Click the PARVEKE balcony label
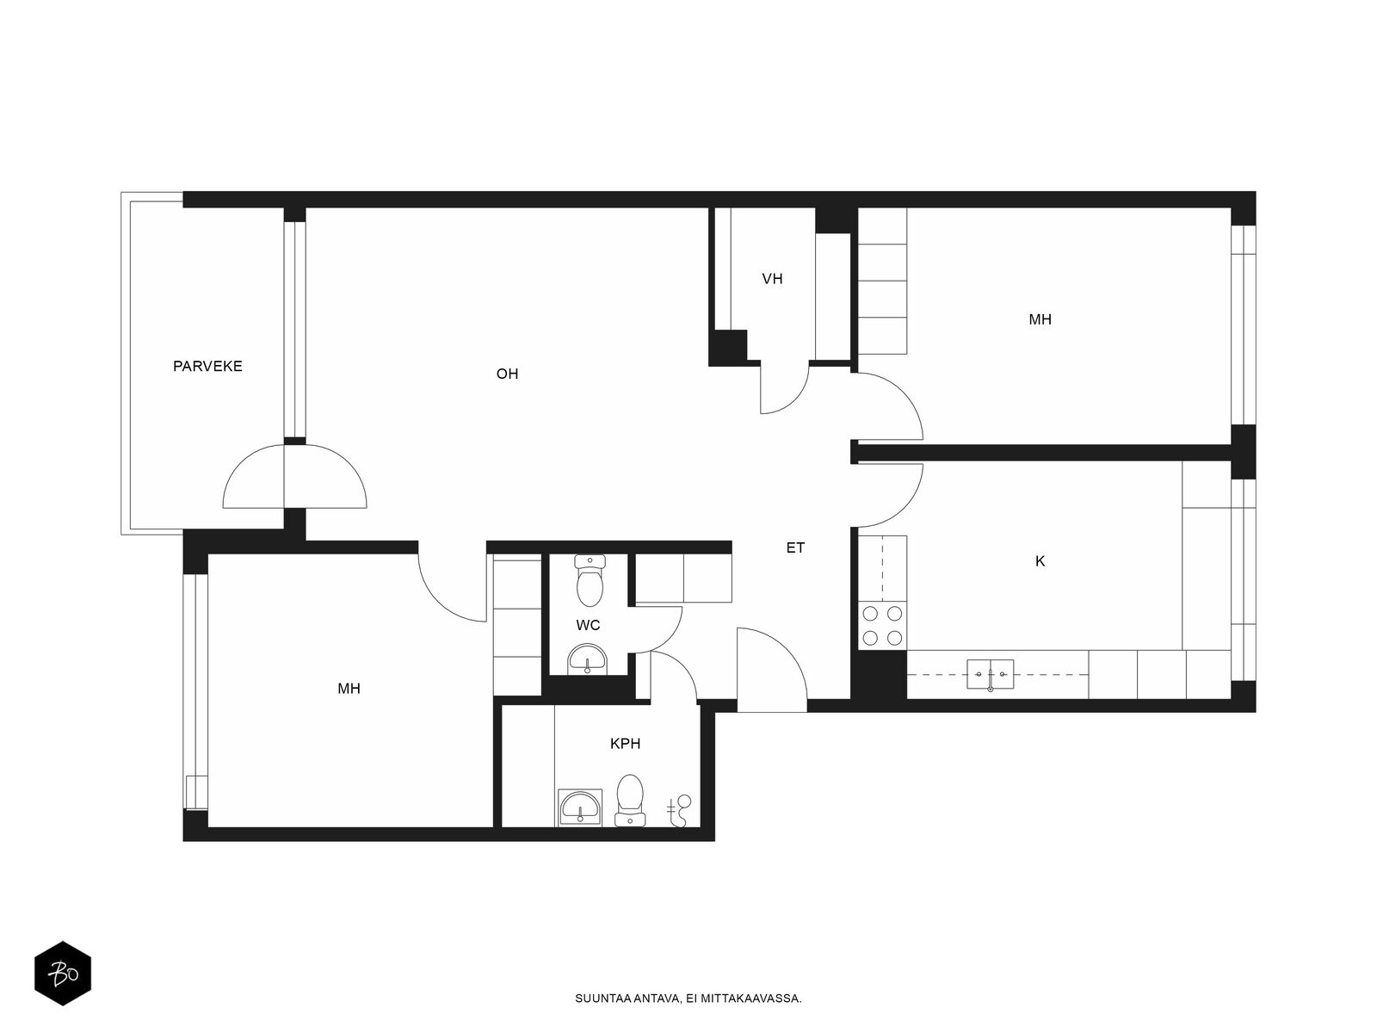tap(207, 367)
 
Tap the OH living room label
tap(507, 374)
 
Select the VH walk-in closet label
tap(772, 279)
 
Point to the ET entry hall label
tap(795, 547)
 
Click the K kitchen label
tap(1040, 561)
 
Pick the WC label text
tap(588, 625)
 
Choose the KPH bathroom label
tap(625, 744)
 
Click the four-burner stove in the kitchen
tap(882, 625)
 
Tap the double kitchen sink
tap(990, 674)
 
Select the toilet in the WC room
tap(589, 580)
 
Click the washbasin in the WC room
tap(587, 659)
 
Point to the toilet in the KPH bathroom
tap(629, 801)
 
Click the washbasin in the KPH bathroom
tap(580, 807)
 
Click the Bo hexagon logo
tap(63, 974)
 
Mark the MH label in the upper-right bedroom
tap(1040, 320)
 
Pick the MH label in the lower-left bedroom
tap(349, 689)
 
